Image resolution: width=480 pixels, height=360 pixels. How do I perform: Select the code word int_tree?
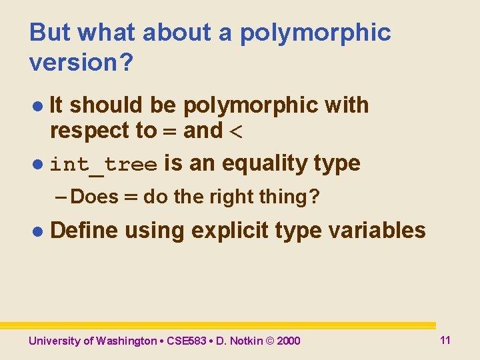[x=104, y=164]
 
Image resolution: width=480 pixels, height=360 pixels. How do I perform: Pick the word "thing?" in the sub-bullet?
[x=292, y=197]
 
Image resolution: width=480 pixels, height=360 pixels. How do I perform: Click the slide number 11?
[x=445, y=340]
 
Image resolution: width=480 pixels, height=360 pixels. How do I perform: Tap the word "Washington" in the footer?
[x=126, y=341]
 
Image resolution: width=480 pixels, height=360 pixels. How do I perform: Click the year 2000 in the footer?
[x=288, y=341]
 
